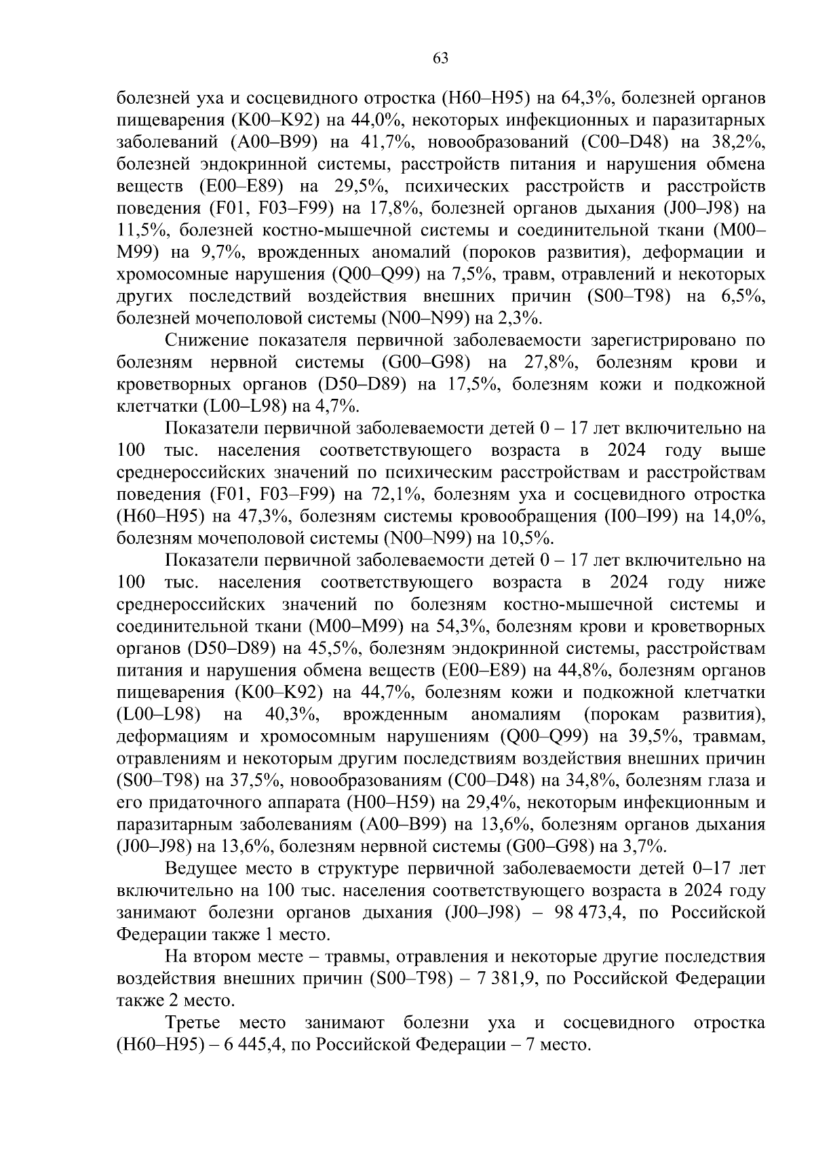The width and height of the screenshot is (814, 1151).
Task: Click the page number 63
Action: pos(440,58)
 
